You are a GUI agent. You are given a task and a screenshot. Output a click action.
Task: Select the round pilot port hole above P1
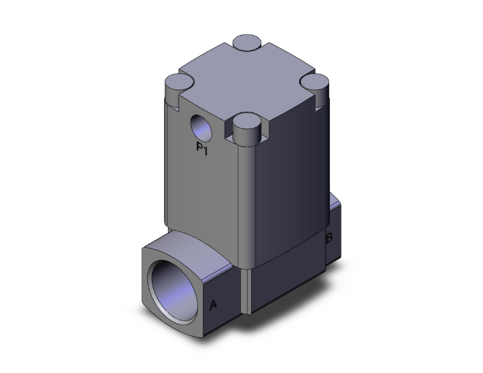(201, 126)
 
